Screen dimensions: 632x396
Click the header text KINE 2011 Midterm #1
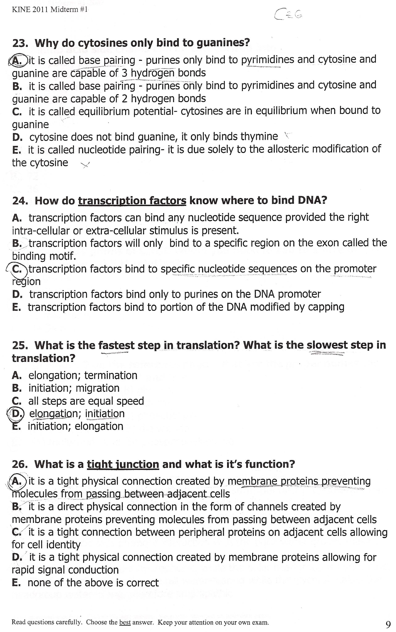click(x=50, y=10)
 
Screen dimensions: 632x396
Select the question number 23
click(x=20, y=43)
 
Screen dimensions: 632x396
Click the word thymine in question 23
click(x=259, y=137)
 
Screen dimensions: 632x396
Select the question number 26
click(x=20, y=464)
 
